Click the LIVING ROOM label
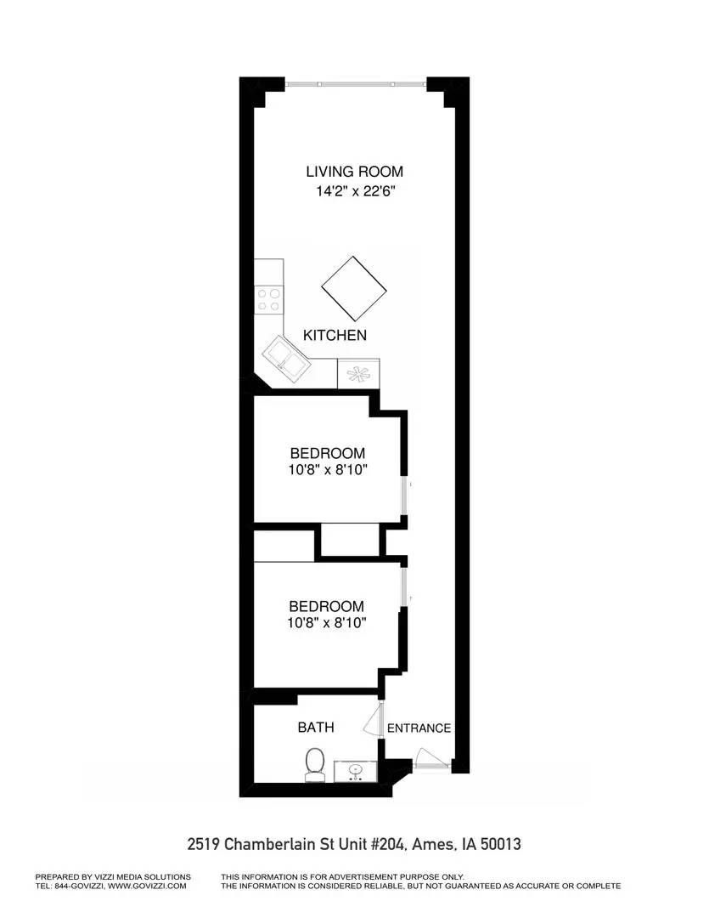coord(354,171)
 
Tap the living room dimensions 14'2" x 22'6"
coord(354,192)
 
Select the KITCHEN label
coord(335,336)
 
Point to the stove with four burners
coord(269,299)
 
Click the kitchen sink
coord(286,358)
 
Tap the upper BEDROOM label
coord(327,453)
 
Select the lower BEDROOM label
coord(327,606)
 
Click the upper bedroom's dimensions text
coord(327,469)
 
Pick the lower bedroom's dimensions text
coord(327,622)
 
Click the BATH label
coord(315,728)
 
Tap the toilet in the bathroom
coord(315,764)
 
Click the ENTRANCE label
coord(419,728)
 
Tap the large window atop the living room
coord(355,84)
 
